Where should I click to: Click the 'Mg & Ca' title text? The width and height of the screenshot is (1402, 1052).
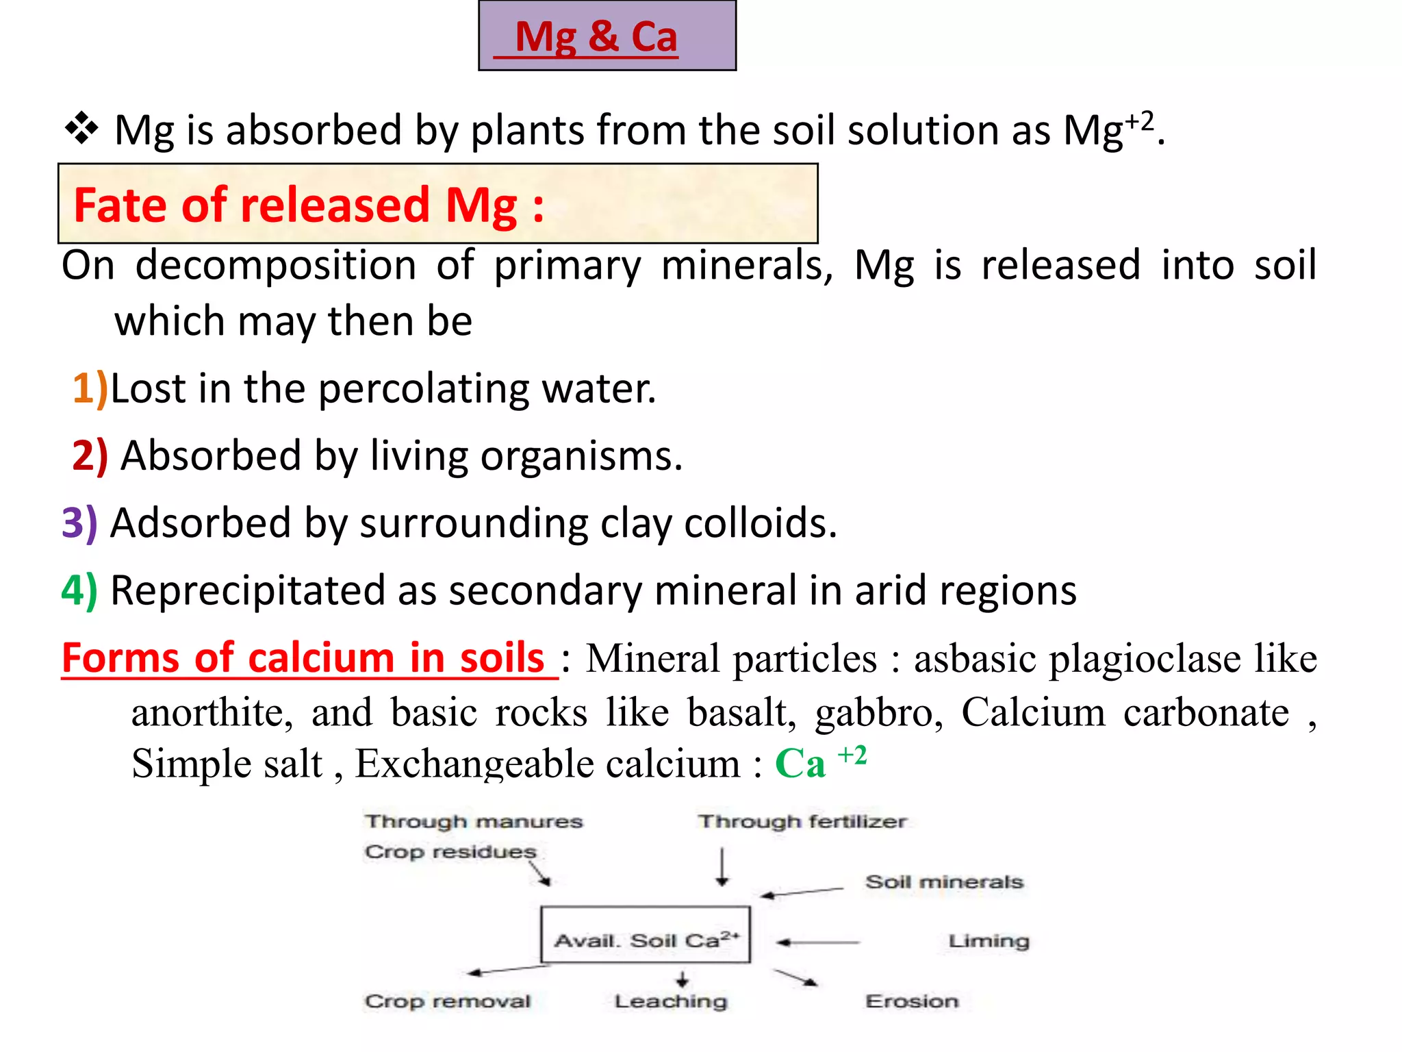point(596,37)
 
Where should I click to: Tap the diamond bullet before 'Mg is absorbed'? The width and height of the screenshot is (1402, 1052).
point(81,128)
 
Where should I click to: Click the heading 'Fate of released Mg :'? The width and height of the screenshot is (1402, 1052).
point(308,205)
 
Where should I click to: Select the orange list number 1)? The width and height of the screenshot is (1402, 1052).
point(90,388)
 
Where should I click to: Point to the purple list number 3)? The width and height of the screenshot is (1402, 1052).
point(79,523)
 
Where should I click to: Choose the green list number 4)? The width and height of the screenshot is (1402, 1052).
point(79,590)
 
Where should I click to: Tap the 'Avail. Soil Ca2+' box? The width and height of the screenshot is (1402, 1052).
point(646,936)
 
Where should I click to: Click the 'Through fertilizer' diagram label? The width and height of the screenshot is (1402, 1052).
point(802,821)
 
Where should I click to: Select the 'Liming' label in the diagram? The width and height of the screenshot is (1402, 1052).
point(989,941)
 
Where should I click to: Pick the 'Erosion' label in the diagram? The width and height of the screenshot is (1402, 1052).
point(912,1001)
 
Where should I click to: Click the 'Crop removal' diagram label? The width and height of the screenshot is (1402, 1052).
point(448,1001)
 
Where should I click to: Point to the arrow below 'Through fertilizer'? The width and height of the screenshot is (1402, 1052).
point(722,867)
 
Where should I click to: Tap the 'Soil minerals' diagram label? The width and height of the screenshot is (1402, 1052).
point(944,881)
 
